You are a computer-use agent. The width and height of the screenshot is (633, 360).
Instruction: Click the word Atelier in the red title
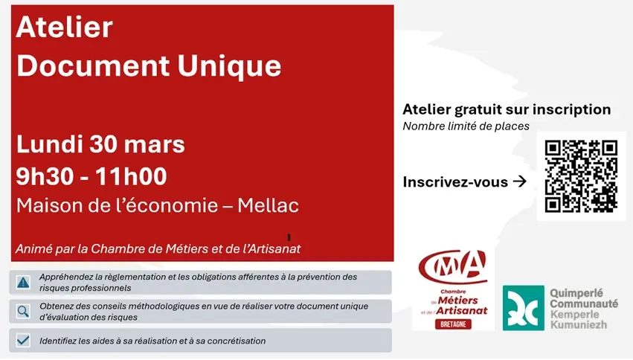[64, 28]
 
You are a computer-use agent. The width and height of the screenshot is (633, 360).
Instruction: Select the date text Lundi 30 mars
[100, 143]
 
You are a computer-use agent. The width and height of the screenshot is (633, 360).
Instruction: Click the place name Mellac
[268, 205]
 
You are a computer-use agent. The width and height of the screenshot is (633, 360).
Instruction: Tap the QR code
[581, 176]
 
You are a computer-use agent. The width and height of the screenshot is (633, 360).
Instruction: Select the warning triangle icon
[23, 282]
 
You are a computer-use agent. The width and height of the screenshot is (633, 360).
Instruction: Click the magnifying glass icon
[23, 311]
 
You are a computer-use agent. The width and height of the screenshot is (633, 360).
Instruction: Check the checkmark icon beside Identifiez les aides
[23, 341]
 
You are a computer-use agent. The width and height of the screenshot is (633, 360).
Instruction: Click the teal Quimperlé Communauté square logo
[523, 307]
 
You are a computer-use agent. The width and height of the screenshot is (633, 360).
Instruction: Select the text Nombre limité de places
[466, 126]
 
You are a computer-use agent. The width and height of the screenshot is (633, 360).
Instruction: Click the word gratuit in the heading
[481, 109]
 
